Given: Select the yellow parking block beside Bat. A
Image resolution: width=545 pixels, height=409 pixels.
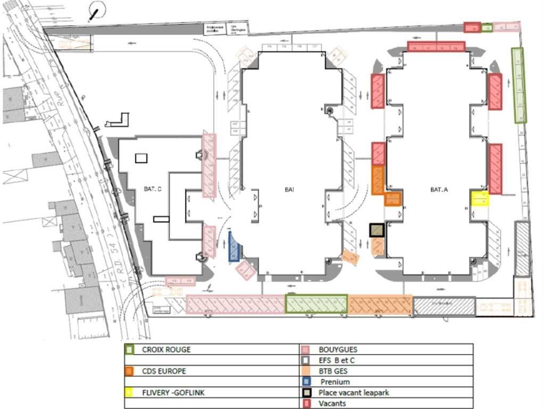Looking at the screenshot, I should click(480, 199).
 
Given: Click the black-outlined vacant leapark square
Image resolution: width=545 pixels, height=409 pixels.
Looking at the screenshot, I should click(377, 230).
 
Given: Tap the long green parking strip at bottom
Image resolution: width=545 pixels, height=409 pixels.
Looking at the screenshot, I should click(316, 304).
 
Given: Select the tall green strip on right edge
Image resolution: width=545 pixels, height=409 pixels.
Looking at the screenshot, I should click(518, 85).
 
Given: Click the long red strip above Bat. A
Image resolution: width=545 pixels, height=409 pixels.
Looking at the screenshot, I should click(436, 46).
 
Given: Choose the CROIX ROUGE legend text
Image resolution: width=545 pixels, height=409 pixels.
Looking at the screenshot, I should click(166, 350).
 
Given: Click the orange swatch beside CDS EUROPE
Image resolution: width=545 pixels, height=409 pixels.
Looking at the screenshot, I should click(129, 371).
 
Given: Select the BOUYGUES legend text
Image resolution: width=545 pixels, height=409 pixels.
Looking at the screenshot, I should click(338, 350).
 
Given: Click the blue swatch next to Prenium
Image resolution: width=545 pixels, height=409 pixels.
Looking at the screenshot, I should click(307, 382).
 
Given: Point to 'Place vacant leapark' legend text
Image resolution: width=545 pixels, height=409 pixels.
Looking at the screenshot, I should click(354, 392).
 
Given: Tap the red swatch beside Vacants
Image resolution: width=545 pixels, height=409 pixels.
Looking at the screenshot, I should click(307, 403).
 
